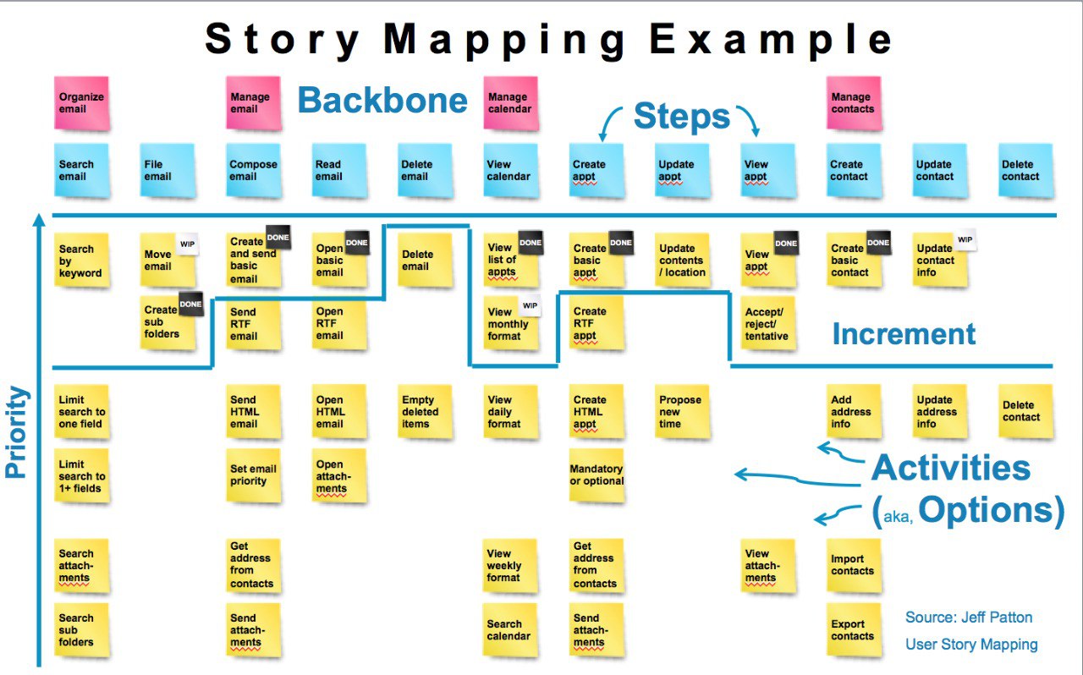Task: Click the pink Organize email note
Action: pyautogui.click(x=82, y=103)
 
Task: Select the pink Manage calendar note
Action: pyautogui.click(x=510, y=103)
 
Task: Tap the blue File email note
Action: pyautogui.click(x=167, y=170)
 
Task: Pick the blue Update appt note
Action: pyautogui.click(x=681, y=170)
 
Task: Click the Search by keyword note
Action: pyautogui.click(x=82, y=261)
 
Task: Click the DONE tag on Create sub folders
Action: pyautogui.click(x=190, y=304)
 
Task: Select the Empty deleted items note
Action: pyautogui.click(x=424, y=412)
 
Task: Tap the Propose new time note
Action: pyautogui.click(x=682, y=412)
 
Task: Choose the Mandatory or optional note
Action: pyautogui.click(x=596, y=475)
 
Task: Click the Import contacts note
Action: pyautogui.click(x=853, y=565)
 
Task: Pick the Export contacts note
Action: pyautogui.click(x=853, y=630)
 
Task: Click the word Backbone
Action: pyautogui.click(x=382, y=101)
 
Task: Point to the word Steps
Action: pyautogui.click(x=681, y=117)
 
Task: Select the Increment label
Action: pyautogui.click(x=904, y=334)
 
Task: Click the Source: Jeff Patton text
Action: pyautogui.click(x=969, y=617)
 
